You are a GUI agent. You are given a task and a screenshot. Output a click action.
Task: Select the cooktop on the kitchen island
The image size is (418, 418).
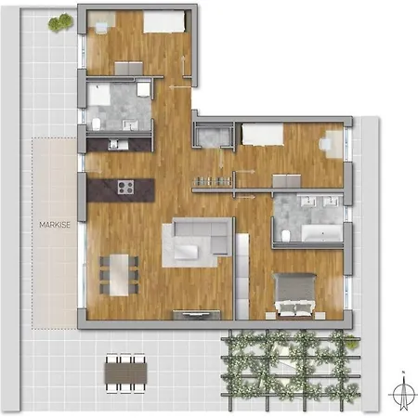(126, 189)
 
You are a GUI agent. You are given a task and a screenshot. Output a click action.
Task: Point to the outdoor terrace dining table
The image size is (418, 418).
(125, 369)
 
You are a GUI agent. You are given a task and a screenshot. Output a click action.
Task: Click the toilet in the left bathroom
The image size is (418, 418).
(97, 124)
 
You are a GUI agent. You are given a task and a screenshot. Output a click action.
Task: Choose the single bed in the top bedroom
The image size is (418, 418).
(164, 20)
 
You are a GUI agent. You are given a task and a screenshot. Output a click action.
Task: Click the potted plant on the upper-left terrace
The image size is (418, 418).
(61, 20)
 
